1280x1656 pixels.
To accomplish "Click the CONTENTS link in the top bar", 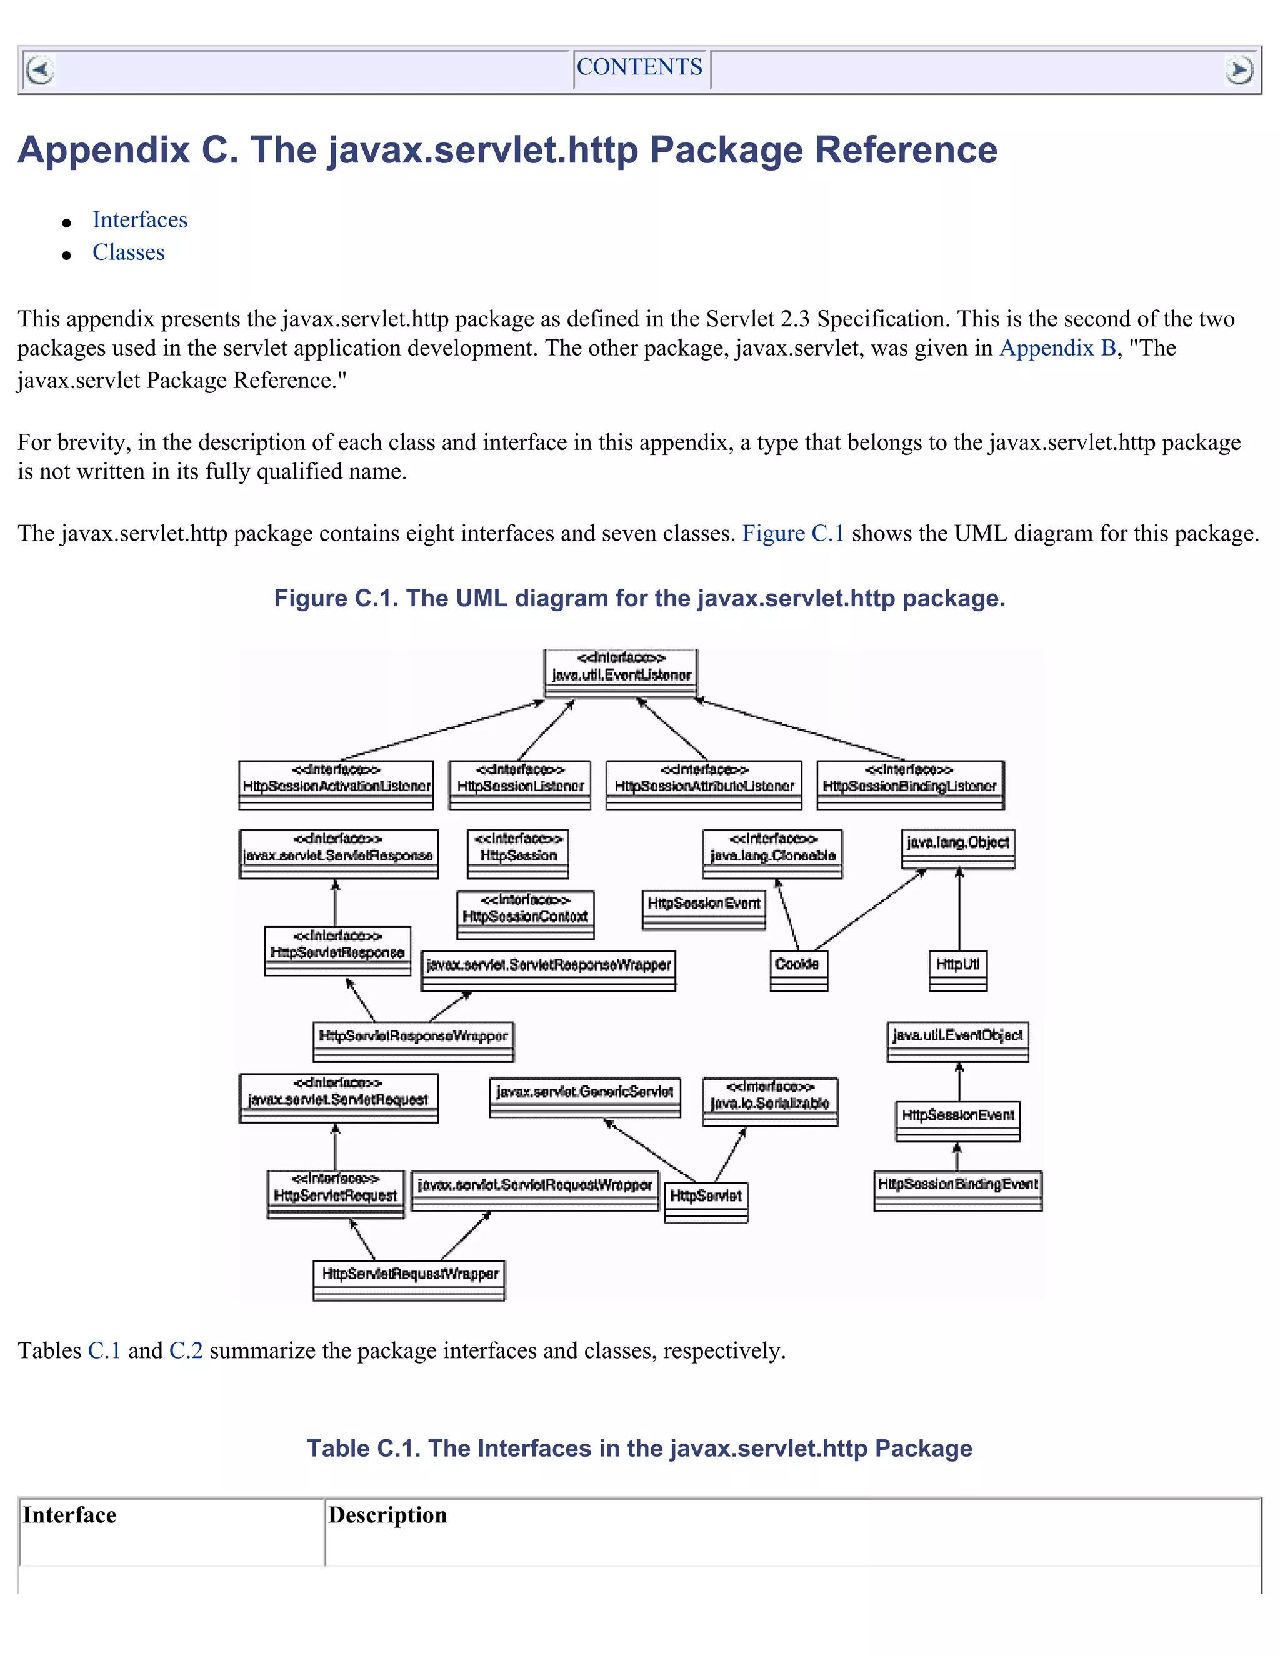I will tap(639, 67).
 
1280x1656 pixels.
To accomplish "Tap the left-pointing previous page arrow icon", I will tap(39, 71).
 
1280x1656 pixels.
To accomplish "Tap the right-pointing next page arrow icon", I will tap(1239, 71).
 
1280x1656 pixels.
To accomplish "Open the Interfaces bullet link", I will tap(139, 220).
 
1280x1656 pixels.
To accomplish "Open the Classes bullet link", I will tap(128, 252).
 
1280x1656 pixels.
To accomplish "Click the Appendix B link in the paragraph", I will tap(1057, 348).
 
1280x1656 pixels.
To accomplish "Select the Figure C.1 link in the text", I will tap(792, 534).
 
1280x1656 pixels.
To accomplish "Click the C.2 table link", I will tap(186, 1350).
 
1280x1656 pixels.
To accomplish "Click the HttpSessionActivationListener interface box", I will tap(336, 785).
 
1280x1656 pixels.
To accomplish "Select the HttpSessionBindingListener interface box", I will tap(910, 785).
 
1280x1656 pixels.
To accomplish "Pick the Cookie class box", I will tap(797, 970).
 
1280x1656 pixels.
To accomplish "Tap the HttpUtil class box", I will tap(957, 970).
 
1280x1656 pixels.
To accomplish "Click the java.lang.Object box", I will tap(957, 849).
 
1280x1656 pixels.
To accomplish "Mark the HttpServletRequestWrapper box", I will tap(409, 1280).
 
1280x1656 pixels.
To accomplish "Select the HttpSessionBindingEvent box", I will tap(957, 1190).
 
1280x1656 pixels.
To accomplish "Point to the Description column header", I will tap(387, 1515).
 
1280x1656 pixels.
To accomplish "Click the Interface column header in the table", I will tap(70, 1515).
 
